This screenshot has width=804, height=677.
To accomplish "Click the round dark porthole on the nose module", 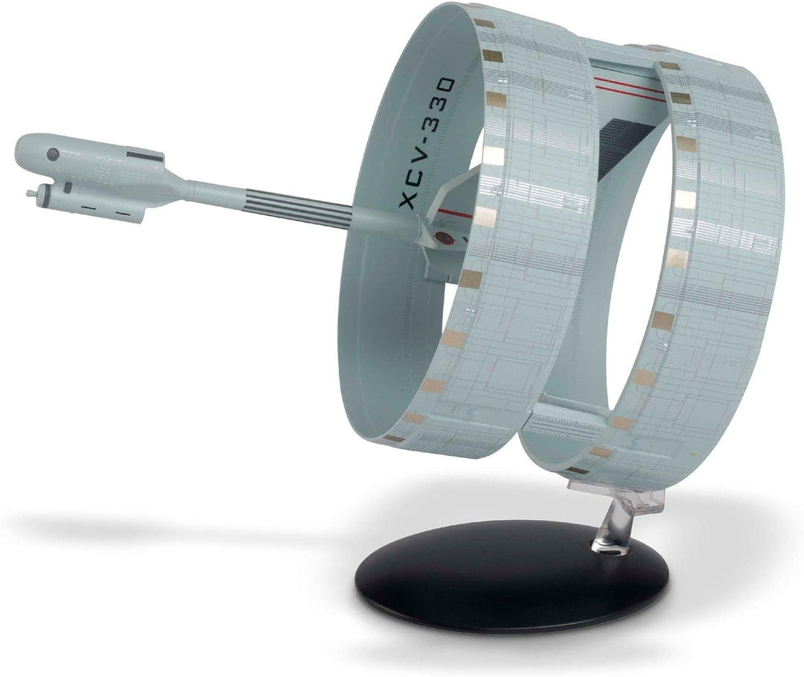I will pyautogui.click(x=53, y=155).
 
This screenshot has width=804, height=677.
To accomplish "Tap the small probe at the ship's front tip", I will pyautogui.click(x=31, y=193).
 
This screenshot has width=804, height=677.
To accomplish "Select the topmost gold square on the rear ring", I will pyautogui.click(x=668, y=66).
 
